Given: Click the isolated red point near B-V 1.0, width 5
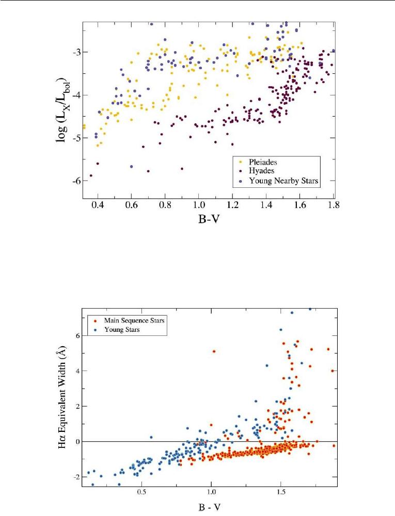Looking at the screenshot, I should (214, 351).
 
